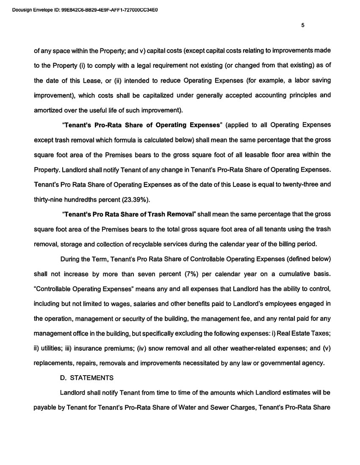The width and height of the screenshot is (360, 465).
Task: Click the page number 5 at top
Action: pos(303,25)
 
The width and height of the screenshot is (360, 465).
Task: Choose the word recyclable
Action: pos(165,244)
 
